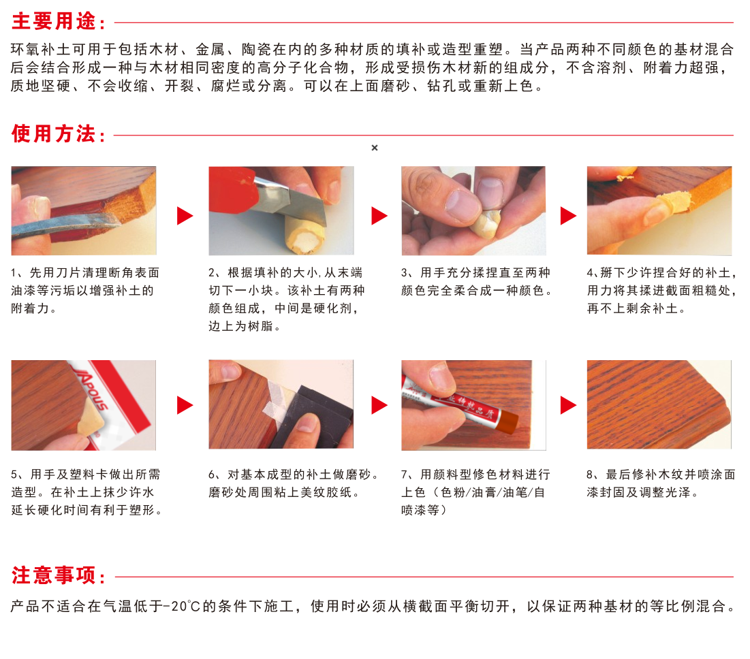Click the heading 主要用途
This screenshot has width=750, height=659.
pyautogui.click(x=55, y=22)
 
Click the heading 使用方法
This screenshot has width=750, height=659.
pyautogui.click(x=55, y=134)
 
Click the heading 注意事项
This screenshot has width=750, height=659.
pyautogui.click(x=55, y=576)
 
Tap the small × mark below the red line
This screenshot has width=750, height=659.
pyautogui.click(x=375, y=148)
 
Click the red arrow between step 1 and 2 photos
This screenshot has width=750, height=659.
pyautogui.click(x=185, y=216)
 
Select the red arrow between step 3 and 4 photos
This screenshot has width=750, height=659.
pyautogui.click(x=568, y=216)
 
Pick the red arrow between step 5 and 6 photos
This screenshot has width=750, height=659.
pyautogui.click(x=185, y=405)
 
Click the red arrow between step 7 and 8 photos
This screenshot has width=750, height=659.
pyautogui.click(x=568, y=405)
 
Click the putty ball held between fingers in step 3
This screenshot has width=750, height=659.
pyautogui.click(x=488, y=221)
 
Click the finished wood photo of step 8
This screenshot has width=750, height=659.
pyautogui.click(x=659, y=404)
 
